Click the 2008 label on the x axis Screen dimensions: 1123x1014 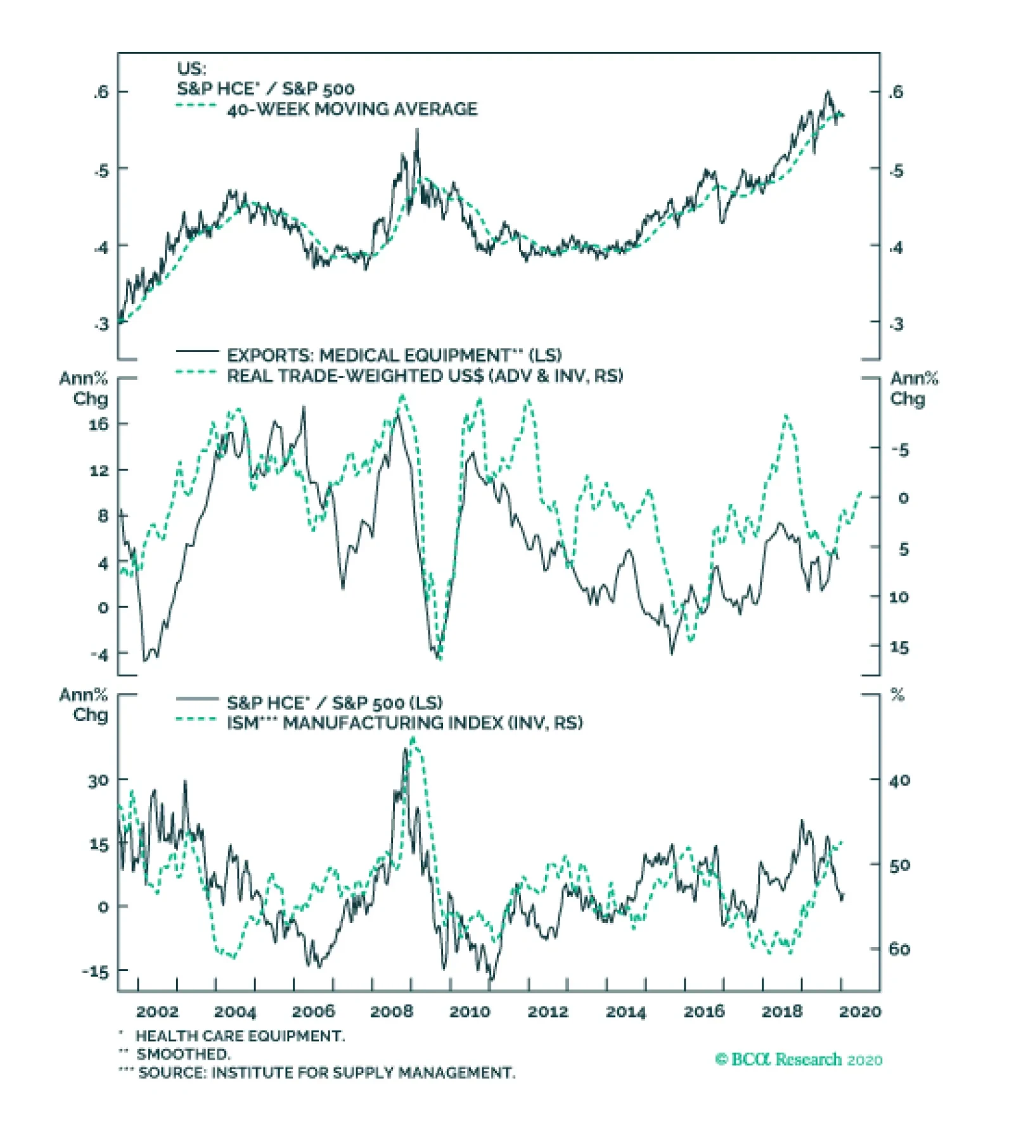391,1012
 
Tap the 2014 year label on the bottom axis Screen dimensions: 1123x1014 626,1012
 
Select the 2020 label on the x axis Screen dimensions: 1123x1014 860,1012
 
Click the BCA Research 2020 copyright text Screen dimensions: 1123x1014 799,1059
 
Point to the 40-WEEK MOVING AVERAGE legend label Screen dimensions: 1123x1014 352,109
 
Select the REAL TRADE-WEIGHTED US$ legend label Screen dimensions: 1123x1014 425,376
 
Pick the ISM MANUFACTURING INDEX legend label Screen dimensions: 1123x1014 405,723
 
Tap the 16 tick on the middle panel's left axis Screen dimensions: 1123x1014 98,424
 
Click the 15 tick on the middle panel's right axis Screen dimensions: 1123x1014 899,647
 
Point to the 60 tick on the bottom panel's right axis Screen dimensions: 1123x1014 899,949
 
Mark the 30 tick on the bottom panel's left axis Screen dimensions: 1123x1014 98,780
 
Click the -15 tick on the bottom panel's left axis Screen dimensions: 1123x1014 95,971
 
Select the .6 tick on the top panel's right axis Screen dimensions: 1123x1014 895,92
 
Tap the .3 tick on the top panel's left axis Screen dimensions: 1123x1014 101,324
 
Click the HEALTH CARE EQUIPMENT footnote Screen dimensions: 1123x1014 240,1036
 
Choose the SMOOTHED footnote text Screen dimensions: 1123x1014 183,1054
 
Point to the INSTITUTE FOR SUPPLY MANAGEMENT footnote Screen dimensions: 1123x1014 327,1072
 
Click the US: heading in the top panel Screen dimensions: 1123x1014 191,68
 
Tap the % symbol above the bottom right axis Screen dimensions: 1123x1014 897,695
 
